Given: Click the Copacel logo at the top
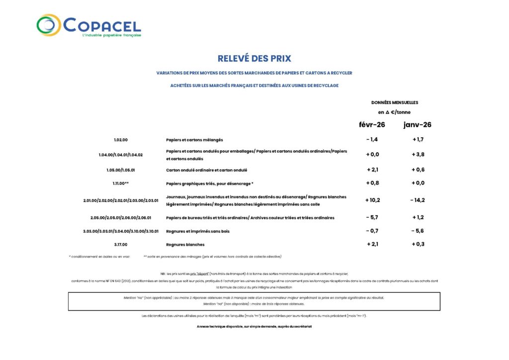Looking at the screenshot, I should coord(88,26).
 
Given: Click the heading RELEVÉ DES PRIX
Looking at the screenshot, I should coord(254,59).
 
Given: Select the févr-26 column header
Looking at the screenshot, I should coord(372,124).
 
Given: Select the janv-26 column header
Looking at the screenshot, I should coord(417,124).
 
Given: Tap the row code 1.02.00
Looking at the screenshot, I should coord(120,140).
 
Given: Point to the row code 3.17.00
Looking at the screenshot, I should coord(120,245).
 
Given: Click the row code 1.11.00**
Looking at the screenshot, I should coord(120,183).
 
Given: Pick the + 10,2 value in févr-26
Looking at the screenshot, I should coord(373,200).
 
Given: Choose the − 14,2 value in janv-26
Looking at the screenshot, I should coord(418,200).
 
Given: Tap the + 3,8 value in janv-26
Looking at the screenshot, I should coord(418,154).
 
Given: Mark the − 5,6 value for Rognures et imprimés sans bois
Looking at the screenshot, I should coord(418,231).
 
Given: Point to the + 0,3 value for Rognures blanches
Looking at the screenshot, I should coord(418,244).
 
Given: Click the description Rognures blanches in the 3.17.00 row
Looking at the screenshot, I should coord(185,245).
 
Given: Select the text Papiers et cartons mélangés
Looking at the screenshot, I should coord(194,140).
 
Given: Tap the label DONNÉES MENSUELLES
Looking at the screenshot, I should coord(395,102).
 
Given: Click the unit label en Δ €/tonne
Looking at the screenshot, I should coord(394,112).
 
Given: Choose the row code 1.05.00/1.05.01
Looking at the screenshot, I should coord(120,170).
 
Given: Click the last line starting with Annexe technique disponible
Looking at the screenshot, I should coord(254,326).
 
